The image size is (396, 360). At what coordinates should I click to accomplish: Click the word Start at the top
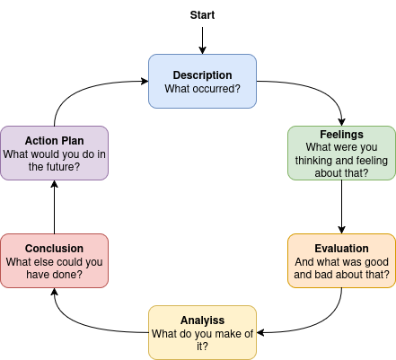tap(202, 15)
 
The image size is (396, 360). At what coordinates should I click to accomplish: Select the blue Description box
tap(202, 81)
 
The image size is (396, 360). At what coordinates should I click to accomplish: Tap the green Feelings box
tap(341, 153)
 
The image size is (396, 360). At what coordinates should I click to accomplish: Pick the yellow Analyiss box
tap(202, 332)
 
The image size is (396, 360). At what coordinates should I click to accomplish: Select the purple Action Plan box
tap(54, 153)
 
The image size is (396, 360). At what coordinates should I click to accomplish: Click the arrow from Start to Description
tap(202, 40)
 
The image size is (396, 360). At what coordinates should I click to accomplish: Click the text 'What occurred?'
tap(202, 89)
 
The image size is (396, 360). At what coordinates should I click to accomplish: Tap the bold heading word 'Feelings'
tap(341, 134)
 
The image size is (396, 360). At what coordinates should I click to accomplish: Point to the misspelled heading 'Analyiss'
tap(202, 320)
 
